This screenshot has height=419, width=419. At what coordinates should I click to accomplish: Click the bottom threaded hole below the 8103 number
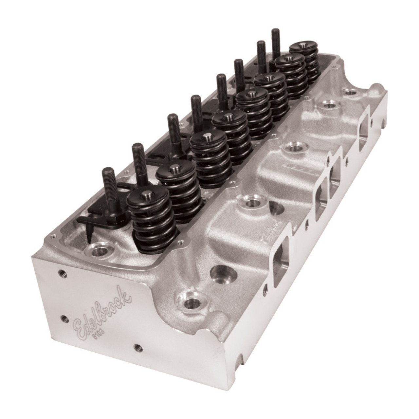click(135, 365)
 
